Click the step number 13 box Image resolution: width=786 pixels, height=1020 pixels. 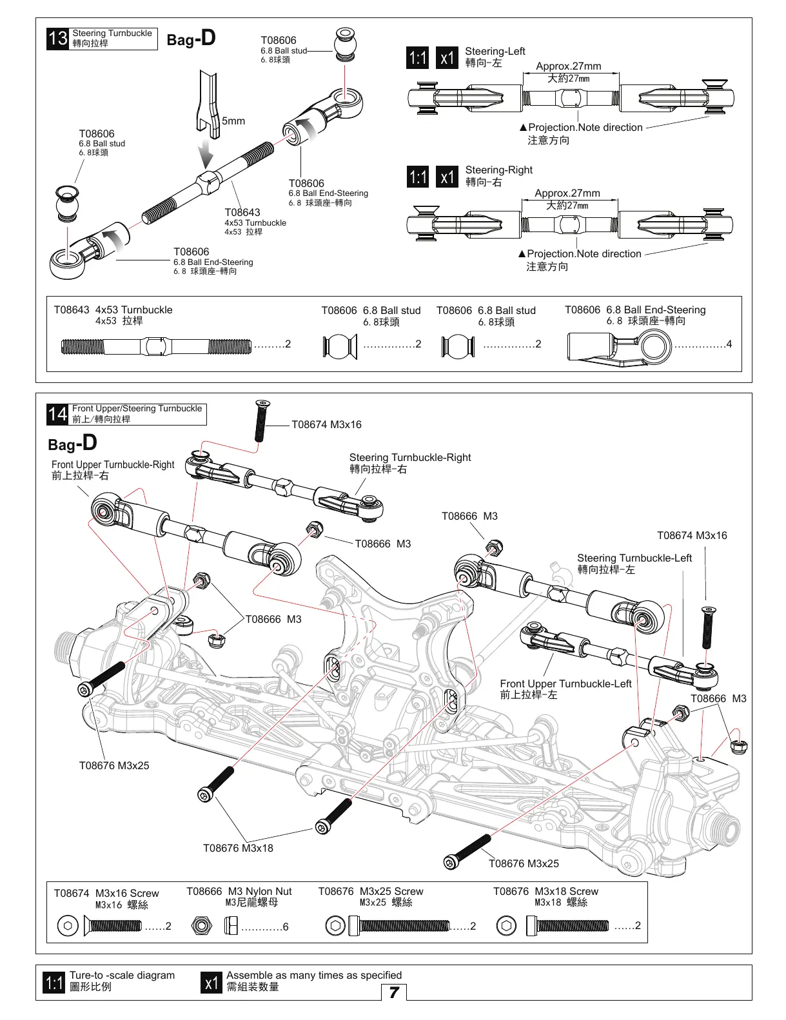pos(57,39)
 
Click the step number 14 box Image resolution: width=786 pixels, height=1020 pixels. pos(57,414)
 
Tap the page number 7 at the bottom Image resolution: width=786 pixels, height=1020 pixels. pos(394,992)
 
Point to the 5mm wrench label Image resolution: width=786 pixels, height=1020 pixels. pos(233,121)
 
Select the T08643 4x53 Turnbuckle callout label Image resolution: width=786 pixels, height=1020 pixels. pos(242,212)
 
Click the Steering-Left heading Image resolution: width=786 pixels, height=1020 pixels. pos(495,52)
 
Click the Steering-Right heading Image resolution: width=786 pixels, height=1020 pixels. pos(498,170)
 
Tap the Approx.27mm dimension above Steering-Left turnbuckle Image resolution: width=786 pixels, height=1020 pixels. pos(568,66)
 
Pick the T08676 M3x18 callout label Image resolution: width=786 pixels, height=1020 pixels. pos(238,848)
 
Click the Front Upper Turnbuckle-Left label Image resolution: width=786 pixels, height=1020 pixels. pos(565,684)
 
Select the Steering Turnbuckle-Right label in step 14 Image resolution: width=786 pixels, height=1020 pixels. pos(410,458)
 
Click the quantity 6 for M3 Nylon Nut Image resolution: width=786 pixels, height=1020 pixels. pos(286,927)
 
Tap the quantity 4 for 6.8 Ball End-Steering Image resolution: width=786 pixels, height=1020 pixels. pos(729,344)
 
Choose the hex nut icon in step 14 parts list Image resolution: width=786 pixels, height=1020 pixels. pos(201,926)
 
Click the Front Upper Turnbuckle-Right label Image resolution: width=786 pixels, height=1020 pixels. pos(113,465)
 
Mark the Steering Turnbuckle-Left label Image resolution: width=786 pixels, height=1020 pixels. pos(634,558)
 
